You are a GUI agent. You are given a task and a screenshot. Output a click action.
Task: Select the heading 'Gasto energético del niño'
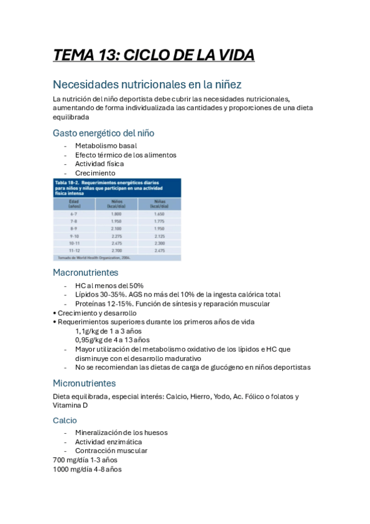pos(103,133)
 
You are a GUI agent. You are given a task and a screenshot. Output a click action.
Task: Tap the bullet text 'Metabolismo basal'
pos(106,146)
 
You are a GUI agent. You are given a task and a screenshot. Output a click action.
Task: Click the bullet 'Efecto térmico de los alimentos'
pos(125,155)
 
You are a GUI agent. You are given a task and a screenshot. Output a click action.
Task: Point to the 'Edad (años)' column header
pos(74,203)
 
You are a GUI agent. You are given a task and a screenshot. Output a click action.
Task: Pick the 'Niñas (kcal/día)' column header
pos(159,203)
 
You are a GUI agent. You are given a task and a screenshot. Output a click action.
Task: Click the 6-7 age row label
pos(74,214)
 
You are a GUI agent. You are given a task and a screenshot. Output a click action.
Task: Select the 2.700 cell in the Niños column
pos(116,251)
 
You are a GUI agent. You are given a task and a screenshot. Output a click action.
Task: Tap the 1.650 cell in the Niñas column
pos(159,214)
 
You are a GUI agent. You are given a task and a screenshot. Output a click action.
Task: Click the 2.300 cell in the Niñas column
pos(159,243)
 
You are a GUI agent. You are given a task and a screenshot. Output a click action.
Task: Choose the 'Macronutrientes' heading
pos(85,273)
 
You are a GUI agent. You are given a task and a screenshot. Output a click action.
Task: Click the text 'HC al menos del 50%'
pos(109,285)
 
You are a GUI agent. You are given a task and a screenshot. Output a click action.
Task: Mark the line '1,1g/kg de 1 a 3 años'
pos(108,331)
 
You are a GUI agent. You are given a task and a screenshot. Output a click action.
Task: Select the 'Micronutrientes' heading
pos(84,383)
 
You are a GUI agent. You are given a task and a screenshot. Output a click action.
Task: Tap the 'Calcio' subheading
pos(65,420)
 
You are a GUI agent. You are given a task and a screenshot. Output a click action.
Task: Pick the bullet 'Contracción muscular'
pos(111,451)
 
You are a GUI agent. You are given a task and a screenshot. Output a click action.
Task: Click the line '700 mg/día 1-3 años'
pos(85,460)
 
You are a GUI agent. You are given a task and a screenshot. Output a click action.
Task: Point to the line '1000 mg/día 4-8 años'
pos(87,469)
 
